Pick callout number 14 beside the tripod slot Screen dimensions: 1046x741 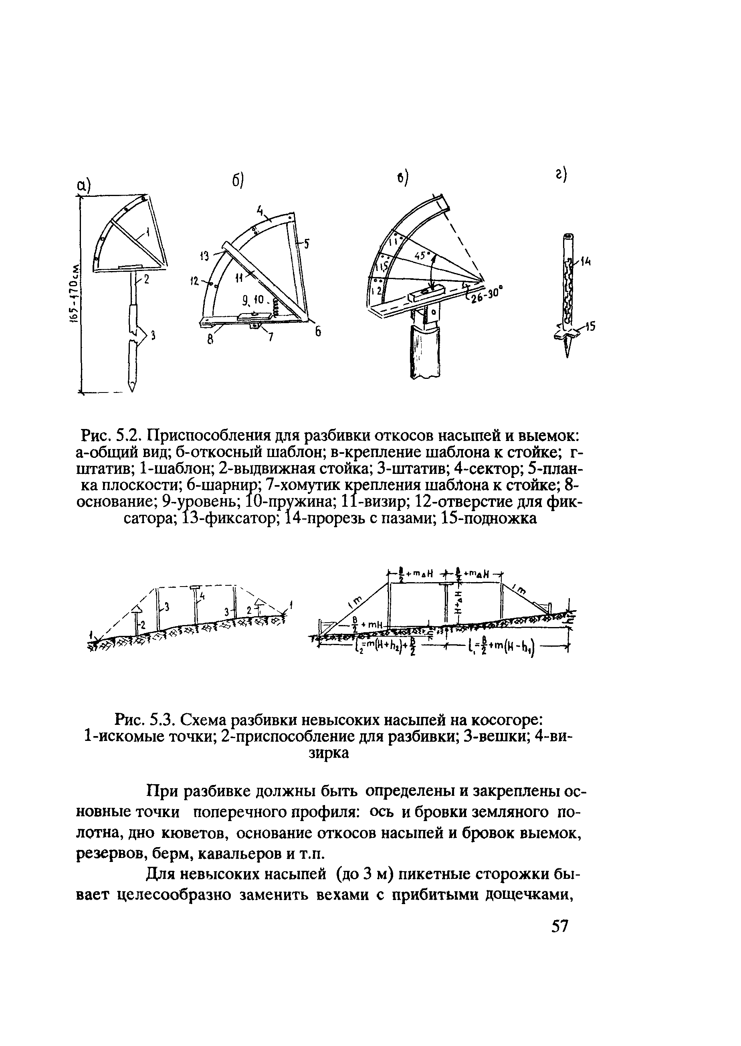[x=586, y=262]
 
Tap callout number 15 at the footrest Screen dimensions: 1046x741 [x=590, y=327]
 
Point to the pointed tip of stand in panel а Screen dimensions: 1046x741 [x=132, y=388]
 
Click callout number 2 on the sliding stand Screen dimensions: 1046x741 [x=146, y=280]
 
